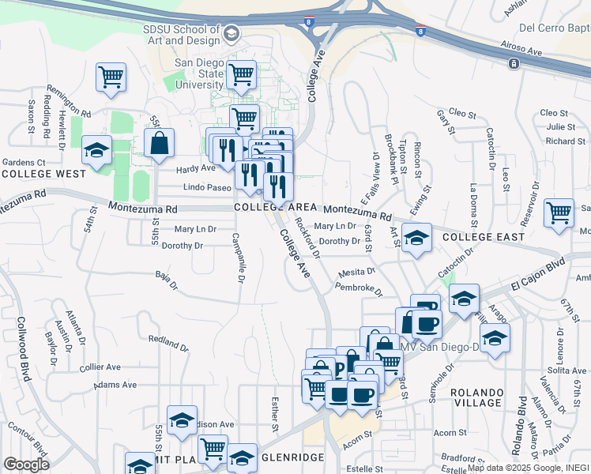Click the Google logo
tap(26, 464)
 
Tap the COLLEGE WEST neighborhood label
tap(43, 173)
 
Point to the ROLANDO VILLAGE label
tap(476, 397)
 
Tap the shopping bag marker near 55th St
tap(159, 143)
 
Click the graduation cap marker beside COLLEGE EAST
tap(416, 237)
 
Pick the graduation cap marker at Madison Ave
tap(182, 420)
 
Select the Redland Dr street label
tap(168, 342)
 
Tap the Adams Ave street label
tap(110, 386)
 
